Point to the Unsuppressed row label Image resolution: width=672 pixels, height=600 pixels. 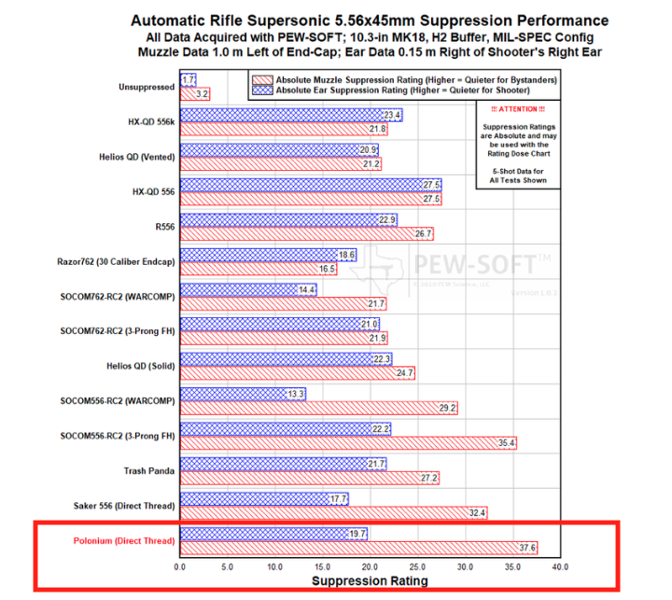point(146,87)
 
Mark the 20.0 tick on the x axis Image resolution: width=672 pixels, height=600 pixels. point(370,566)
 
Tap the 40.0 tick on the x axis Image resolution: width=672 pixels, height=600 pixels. point(560,566)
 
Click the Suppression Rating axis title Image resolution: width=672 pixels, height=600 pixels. point(370,580)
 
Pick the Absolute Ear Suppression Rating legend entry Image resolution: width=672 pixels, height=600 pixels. point(411,91)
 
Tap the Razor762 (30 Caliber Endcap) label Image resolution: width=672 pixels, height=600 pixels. point(119,261)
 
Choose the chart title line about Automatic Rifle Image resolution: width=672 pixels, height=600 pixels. point(370,20)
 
